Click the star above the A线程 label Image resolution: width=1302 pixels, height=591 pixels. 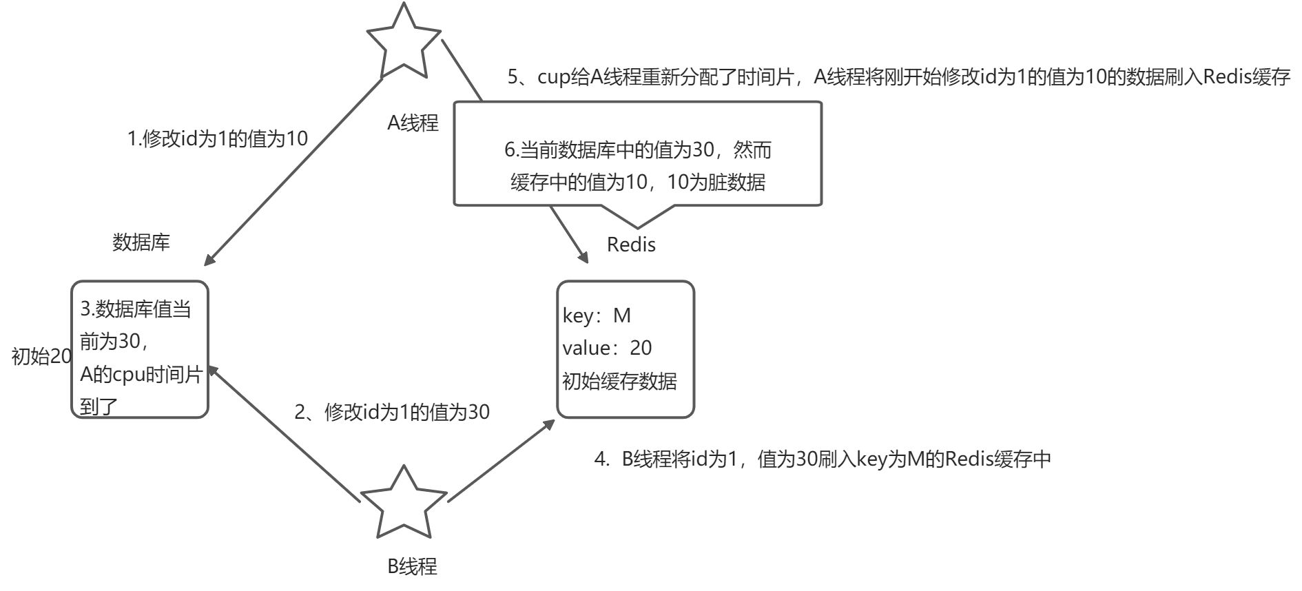coord(404,43)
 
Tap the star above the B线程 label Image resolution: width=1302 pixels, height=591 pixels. coord(404,505)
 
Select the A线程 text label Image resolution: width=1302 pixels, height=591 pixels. coord(413,123)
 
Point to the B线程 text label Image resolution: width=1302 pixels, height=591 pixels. coord(413,566)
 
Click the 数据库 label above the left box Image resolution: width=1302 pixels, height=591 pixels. coord(141,242)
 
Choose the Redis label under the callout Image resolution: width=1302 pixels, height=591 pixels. coord(631,245)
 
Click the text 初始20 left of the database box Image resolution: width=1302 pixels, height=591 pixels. coord(41,357)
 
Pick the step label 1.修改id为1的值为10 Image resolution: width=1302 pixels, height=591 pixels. coord(218,139)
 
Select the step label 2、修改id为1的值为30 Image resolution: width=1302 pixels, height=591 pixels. coord(392,412)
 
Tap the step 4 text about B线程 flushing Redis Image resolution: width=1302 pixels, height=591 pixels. coord(823,459)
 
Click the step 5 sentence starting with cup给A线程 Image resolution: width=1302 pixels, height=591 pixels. coord(898,77)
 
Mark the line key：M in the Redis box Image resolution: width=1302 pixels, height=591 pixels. coord(597,315)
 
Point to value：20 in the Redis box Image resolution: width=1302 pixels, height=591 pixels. coord(607,348)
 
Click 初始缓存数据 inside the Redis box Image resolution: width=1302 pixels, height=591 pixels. coord(619,381)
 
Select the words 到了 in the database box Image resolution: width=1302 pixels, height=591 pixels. coord(99,406)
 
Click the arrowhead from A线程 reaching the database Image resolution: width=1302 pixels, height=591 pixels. coord(209,260)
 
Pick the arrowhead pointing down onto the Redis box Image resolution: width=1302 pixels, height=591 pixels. coord(583,257)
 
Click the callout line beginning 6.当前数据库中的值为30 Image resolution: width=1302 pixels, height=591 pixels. coord(638,150)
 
